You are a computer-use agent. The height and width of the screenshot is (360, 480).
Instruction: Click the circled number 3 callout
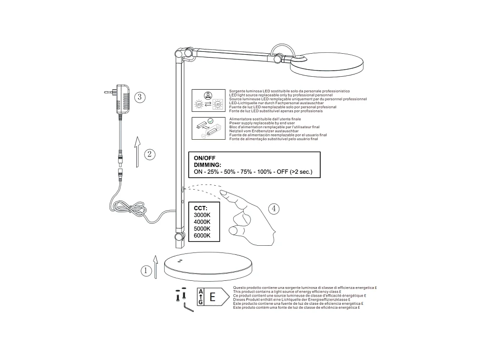(x=139, y=97)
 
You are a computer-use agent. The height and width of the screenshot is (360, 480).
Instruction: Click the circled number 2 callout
(x=149, y=154)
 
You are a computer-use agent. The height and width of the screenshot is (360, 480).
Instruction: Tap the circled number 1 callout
(x=145, y=271)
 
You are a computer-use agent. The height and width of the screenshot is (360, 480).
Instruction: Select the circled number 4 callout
(x=273, y=208)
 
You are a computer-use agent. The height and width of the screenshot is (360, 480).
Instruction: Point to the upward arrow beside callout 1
(x=156, y=266)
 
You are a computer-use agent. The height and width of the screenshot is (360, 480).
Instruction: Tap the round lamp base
(x=207, y=266)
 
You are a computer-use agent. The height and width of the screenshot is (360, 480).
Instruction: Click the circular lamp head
(x=327, y=66)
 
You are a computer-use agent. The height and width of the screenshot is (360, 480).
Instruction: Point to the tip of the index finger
(x=223, y=193)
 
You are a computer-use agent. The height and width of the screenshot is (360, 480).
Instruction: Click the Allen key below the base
(x=188, y=307)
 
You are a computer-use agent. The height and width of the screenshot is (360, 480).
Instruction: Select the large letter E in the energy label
(x=212, y=297)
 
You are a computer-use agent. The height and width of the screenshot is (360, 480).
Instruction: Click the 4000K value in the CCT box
(x=202, y=222)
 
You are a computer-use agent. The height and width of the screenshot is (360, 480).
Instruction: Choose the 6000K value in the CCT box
(x=202, y=235)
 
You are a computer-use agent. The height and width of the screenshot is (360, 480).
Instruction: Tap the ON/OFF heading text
(x=204, y=157)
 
